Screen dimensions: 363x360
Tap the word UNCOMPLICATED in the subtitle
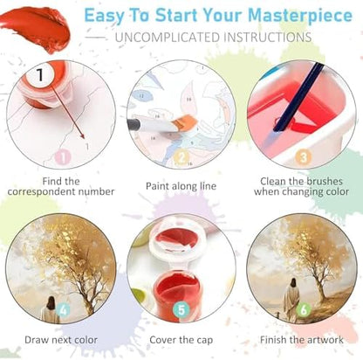point(168,38)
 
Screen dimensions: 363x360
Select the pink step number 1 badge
point(63,157)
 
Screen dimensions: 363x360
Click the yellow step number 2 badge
point(181,157)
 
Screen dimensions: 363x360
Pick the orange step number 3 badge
point(303,157)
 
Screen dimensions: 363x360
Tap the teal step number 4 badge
point(63,309)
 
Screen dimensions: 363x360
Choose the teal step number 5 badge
point(181,310)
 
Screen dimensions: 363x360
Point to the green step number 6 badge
point(303,310)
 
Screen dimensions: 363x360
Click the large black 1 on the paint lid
point(40,75)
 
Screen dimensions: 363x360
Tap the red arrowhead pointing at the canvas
point(83,136)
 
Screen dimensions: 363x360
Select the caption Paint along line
point(181,186)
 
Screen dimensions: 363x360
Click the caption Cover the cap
point(181,340)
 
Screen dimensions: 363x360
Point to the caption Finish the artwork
point(302,340)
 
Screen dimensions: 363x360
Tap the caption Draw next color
point(61,340)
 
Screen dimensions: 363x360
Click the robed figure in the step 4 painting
point(51,309)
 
